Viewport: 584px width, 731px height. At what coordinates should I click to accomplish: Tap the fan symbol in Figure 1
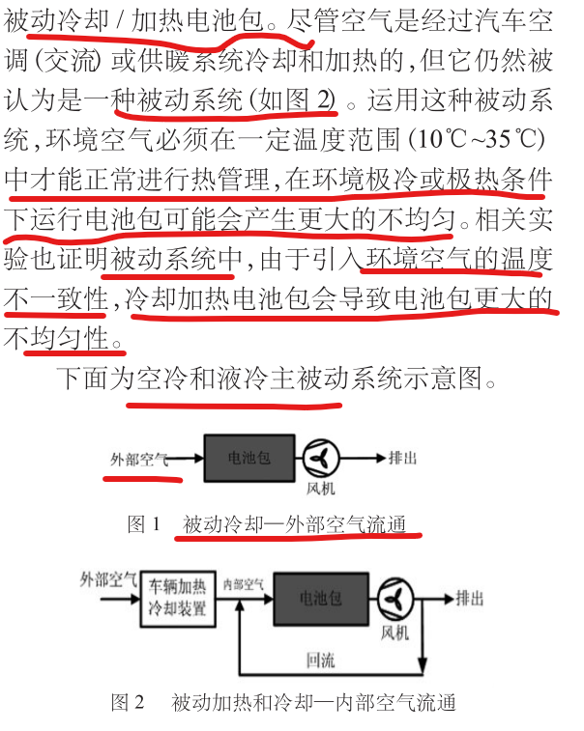tap(321, 458)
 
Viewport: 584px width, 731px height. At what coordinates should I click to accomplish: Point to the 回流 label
tap(320, 661)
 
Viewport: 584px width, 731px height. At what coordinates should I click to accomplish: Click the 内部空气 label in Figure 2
tap(244, 584)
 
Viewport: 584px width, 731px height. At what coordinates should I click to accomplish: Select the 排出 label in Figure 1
tap(402, 458)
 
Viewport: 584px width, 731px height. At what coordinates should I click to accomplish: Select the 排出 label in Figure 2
tap(471, 599)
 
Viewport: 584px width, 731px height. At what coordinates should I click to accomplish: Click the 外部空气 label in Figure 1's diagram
tap(139, 458)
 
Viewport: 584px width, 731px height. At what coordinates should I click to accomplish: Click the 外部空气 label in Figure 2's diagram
tap(108, 580)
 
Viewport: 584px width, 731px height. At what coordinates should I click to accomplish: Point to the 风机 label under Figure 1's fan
tap(321, 490)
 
